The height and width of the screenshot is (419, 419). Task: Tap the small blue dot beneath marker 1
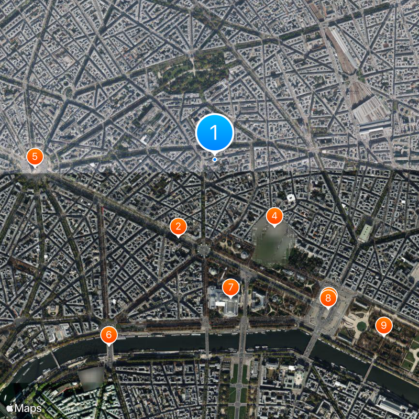pyautogui.click(x=214, y=159)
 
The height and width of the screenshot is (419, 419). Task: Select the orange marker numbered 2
pyautogui.click(x=178, y=227)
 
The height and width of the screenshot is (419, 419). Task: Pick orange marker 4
pyautogui.click(x=274, y=216)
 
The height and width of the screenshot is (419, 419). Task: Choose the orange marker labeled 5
pyautogui.click(x=35, y=156)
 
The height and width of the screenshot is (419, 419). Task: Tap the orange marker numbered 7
pyautogui.click(x=230, y=287)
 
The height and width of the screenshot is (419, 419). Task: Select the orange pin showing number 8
pyautogui.click(x=328, y=299)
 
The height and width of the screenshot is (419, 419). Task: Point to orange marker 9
pyautogui.click(x=383, y=325)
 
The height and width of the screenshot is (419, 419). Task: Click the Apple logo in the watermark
pyautogui.click(x=9, y=407)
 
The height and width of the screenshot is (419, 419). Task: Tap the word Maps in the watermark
pyautogui.click(x=28, y=407)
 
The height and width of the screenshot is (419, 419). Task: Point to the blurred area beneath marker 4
pyautogui.click(x=273, y=241)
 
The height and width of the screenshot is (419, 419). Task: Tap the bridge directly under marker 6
pyautogui.click(x=110, y=354)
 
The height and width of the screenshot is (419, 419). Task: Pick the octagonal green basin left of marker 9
pyautogui.click(x=362, y=326)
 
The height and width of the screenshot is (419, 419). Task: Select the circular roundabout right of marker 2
pyautogui.click(x=203, y=249)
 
